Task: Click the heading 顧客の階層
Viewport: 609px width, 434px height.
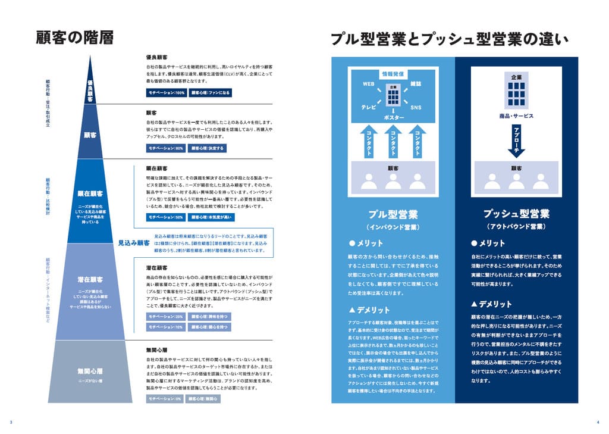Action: pos(74,38)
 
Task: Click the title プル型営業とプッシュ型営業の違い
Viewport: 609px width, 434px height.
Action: pos(450,40)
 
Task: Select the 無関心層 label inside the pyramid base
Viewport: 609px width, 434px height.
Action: pos(90,371)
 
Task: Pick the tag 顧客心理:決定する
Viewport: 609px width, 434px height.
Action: pos(208,148)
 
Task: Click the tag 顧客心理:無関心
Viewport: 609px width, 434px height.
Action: pos(203,399)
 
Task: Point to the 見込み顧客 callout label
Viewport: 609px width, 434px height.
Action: pos(133,243)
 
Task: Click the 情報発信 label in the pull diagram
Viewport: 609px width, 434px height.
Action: pos(393,74)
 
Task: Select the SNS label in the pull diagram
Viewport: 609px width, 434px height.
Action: pos(416,107)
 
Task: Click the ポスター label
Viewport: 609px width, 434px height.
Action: pos(393,118)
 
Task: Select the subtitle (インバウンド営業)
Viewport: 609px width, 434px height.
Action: pos(393,228)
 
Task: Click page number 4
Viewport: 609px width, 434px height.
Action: pos(598,422)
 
